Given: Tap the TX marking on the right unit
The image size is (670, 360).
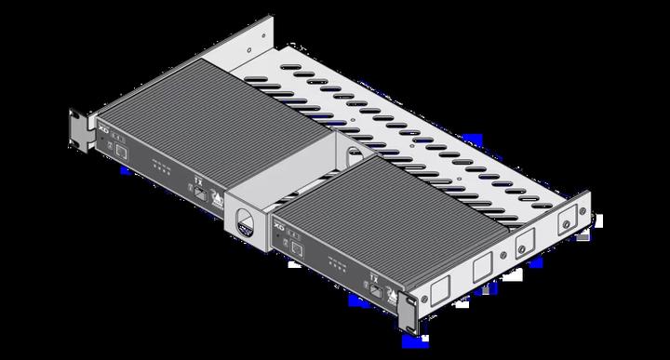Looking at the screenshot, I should point(374,271).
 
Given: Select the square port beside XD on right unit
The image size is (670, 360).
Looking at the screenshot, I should point(301,245).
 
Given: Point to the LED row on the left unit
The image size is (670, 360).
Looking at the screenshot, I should point(160,168).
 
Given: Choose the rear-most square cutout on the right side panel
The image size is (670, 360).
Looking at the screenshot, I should point(564,224).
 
